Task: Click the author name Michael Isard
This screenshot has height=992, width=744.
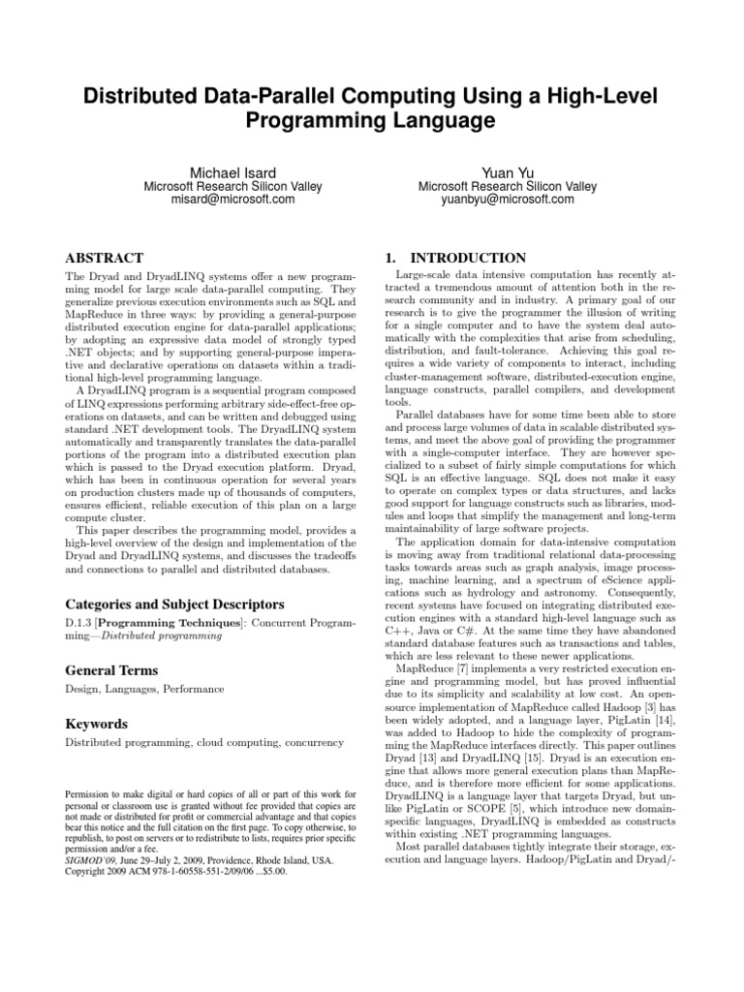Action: click(232, 170)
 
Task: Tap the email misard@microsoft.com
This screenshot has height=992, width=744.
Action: click(232, 200)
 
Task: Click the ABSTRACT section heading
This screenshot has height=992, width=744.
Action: click(104, 259)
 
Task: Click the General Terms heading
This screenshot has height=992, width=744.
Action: click(111, 670)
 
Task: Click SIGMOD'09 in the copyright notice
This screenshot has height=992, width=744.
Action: click(94, 859)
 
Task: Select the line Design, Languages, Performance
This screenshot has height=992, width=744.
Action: click(144, 689)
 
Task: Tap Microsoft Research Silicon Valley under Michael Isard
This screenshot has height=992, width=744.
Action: click(232, 186)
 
